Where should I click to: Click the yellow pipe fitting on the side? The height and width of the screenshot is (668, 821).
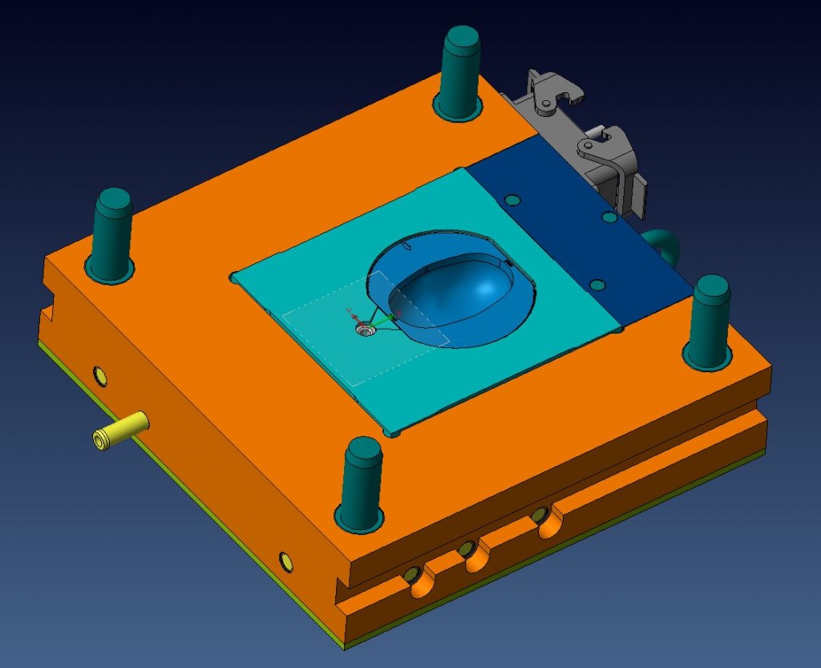click(120, 430)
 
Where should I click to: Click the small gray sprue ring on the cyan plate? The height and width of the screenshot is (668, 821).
click(366, 329)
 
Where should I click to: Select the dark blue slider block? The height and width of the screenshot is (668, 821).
click(577, 233)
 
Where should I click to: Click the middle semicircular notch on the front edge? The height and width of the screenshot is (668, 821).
click(472, 555)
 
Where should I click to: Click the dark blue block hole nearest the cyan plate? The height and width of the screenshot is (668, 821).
click(514, 199)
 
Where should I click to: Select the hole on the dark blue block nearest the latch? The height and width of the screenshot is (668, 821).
click(609, 217)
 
